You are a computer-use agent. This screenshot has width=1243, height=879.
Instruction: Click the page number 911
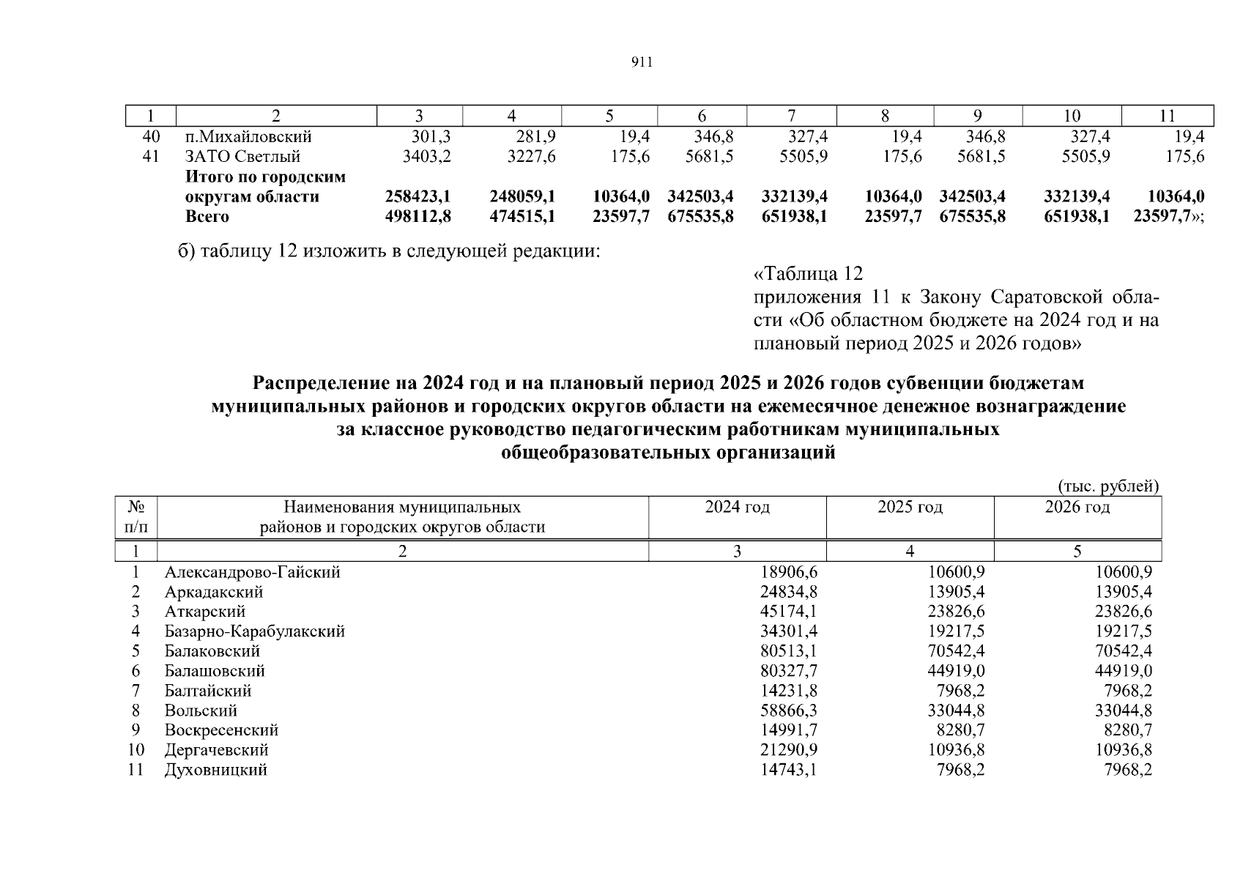click(x=641, y=63)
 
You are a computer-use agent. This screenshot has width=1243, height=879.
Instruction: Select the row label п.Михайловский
click(x=248, y=137)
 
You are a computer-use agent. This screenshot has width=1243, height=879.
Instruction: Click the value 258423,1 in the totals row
click(x=418, y=196)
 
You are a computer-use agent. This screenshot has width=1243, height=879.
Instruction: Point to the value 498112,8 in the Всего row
click(x=418, y=216)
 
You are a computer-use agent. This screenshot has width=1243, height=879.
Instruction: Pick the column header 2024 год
click(x=737, y=508)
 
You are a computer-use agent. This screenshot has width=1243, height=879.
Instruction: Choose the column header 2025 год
click(x=910, y=508)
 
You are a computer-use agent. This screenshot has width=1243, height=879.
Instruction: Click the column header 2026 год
click(x=1077, y=508)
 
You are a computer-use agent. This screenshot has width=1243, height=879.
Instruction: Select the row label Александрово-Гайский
click(x=253, y=572)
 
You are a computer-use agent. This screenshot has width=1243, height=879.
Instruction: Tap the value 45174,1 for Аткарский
click(x=790, y=612)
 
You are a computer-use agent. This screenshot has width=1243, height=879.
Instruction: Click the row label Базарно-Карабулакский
click(x=255, y=631)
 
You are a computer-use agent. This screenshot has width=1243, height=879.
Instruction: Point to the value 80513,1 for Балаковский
click(x=790, y=651)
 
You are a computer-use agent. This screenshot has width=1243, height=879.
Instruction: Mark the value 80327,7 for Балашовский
click(x=790, y=671)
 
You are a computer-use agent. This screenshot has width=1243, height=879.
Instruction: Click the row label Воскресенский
click(x=221, y=730)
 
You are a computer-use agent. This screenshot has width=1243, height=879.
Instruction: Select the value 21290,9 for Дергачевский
click(x=790, y=750)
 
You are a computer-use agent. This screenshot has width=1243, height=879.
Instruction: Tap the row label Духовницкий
click(x=216, y=770)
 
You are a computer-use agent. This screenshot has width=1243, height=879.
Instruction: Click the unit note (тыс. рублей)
click(x=1108, y=486)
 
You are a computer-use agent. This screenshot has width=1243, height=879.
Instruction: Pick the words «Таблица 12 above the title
click(x=809, y=275)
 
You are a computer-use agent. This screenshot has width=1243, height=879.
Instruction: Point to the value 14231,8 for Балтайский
click(x=790, y=691)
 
